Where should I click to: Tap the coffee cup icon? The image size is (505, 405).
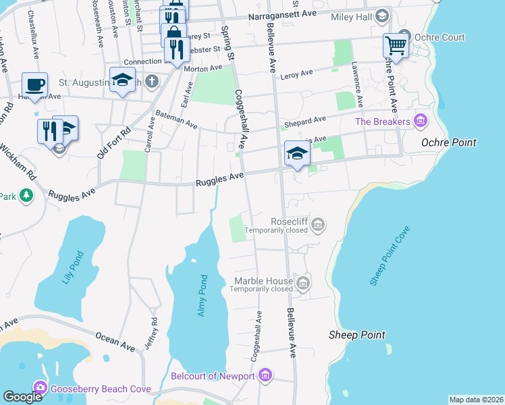34,85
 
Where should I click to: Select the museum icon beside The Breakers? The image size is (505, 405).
421,122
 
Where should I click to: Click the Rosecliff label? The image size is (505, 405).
289,221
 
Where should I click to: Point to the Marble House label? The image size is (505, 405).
263,281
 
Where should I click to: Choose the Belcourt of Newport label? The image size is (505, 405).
213,375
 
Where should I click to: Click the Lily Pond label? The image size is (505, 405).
74,267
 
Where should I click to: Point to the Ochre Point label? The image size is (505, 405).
448,142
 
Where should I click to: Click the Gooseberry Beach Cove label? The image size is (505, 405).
101,388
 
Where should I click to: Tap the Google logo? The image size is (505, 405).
22,397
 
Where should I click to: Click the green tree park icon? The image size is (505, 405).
26,196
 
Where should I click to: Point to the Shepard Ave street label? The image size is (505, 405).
304,121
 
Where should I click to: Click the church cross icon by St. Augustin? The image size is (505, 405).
153,82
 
